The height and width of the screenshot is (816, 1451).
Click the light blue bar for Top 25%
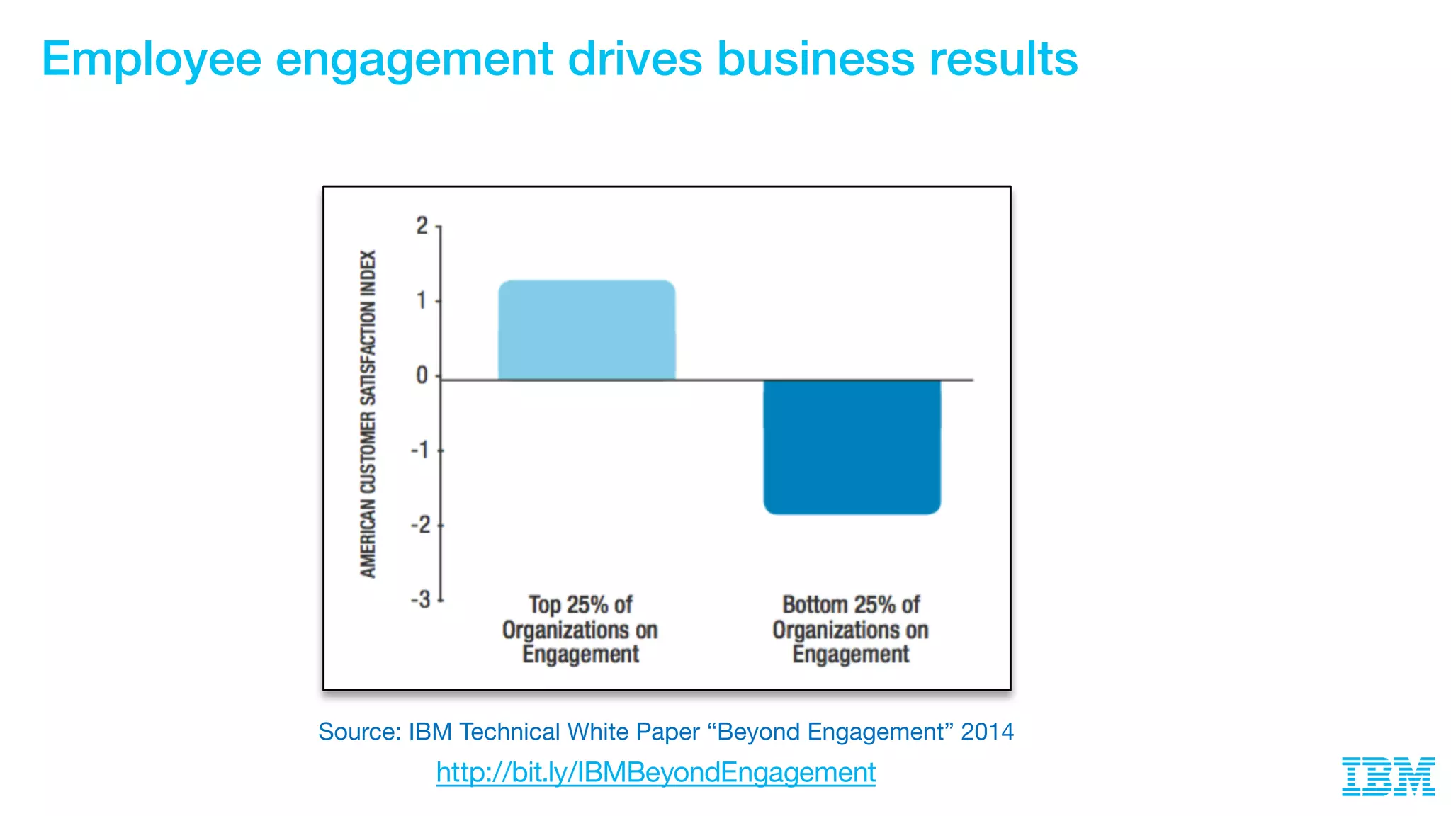(587, 330)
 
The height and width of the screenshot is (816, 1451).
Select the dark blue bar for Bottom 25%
(852, 446)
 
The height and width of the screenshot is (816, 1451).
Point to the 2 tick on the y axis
(422, 226)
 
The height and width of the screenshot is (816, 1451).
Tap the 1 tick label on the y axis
(422, 301)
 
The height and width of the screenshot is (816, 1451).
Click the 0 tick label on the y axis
(422, 375)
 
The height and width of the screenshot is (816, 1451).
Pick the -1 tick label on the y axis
(421, 450)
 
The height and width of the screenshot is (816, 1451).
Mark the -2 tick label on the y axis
(421, 526)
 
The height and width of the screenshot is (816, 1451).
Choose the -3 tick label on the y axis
(421, 600)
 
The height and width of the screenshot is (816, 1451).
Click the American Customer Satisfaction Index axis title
(368, 414)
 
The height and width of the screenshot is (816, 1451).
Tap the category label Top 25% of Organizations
(580, 629)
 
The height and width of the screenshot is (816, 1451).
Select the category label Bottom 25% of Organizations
(850, 629)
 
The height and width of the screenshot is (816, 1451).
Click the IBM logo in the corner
(1388, 776)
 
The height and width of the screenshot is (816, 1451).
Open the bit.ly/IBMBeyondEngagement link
(655, 772)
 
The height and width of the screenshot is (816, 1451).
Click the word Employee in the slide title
(152, 59)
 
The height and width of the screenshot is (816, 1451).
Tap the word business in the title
(815, 59)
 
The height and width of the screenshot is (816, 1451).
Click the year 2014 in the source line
(987, 732)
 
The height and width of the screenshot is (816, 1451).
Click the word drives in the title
(635, 59)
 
